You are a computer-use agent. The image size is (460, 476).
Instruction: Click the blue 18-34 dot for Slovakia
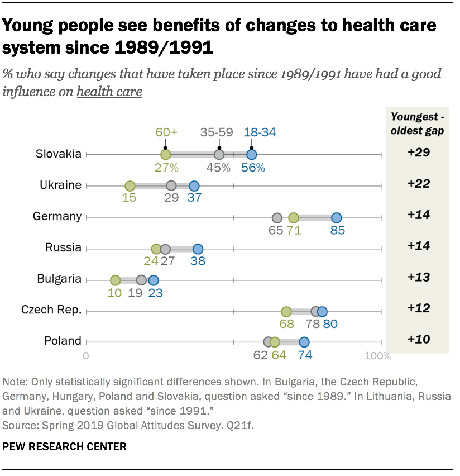click(252, 155)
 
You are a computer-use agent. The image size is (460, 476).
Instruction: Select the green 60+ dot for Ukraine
click(130, 186)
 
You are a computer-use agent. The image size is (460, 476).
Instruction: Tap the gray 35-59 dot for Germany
click(276, 218)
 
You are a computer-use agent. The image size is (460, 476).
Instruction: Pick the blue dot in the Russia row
click(198, 249)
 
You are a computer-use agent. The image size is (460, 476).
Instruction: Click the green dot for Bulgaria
click(115, 280)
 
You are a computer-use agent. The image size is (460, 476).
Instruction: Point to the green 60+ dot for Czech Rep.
click(286, 312)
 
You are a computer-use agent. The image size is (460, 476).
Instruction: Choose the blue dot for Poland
click(304, 342)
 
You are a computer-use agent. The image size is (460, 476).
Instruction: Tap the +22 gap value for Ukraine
click(418, 184)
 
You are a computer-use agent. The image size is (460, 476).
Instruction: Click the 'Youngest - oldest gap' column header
click(418, 123)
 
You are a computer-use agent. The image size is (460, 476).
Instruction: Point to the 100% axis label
click(377, 356)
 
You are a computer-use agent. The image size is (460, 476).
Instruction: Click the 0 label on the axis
click(86, 356)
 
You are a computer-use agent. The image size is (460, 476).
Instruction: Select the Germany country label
click(57, 216)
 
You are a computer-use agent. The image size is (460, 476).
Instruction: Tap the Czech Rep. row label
click(51, 310)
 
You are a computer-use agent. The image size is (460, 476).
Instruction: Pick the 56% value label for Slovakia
click(253, 167)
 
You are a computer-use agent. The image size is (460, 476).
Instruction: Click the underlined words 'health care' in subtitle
click(109, 92)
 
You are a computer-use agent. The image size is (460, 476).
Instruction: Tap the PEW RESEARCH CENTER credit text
click(64, 446)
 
